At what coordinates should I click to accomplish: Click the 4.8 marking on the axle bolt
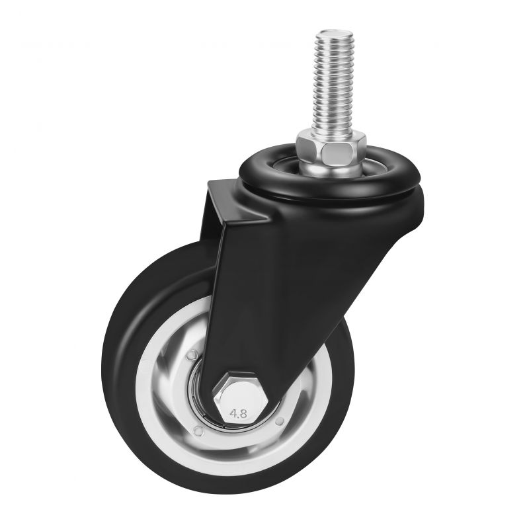(x=238, y=413)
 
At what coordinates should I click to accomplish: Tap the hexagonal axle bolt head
(x=240, y=399)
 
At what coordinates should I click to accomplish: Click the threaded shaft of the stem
(x=332, y=83)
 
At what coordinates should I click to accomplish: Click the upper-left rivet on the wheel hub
(x=192, y=355)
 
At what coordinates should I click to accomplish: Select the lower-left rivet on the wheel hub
(x=199, y=430)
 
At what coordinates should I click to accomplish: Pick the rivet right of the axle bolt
(x=280, y=421)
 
